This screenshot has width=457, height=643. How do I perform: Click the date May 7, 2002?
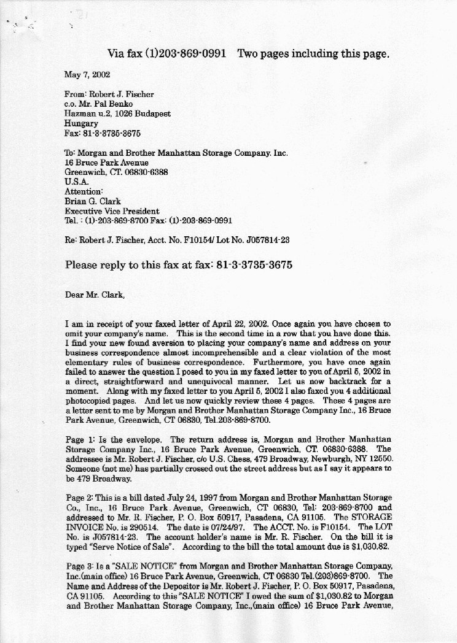pyautogui.click(x=87, y=75)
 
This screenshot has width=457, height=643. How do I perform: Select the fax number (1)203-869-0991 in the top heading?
pyautogui.click(x=184, y=54)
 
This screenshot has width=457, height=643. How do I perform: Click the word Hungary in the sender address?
pyautogui.click(x=81, y=123)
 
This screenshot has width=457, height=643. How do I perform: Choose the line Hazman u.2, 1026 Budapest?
pyautogui.click(x=117, y=114)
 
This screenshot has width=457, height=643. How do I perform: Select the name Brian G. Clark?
pyautogui.click(x=93, y=201)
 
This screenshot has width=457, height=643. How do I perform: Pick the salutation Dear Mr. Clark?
pyautogui.click(x=95, y=295)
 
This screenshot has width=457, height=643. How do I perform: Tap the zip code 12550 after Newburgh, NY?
pyautogui.click(x=380, y=460)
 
